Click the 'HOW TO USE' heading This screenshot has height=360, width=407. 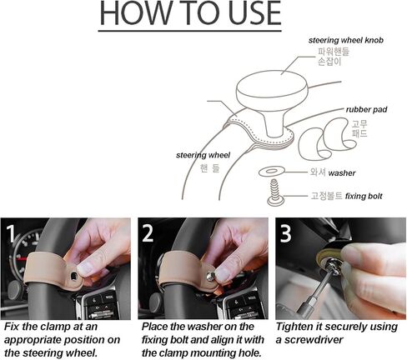pyautogui.click(x=190, y=13)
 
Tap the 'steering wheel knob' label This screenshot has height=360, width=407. pyautogui.click(x=346, y=40)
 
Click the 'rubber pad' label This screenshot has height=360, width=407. pyautogui.click(x=366, y=109)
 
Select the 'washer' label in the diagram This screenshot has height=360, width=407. pyautogui.click(x=342, y=173)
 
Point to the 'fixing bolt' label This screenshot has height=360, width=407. pyautogui.click(x=364, y=196)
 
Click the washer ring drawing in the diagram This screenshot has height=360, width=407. pyautogui.click(x=272, y=172)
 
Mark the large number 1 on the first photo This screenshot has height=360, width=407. pyautogui.click(x=10, y=233)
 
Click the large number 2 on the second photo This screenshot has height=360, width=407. pyautogui.click(x=148, y=233)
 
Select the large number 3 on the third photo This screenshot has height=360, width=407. pyautogui.click(x=285, y=233)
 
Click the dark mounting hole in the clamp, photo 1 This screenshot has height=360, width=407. pyautogui.click(x=74, y=276)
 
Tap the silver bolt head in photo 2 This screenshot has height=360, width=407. pyautogui.click(x=211, y=276)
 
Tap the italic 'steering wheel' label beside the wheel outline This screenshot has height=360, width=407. pyautogui.click(x=203, y=155)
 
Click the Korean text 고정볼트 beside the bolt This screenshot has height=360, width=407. pyautogui.click(x=326, y=196)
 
